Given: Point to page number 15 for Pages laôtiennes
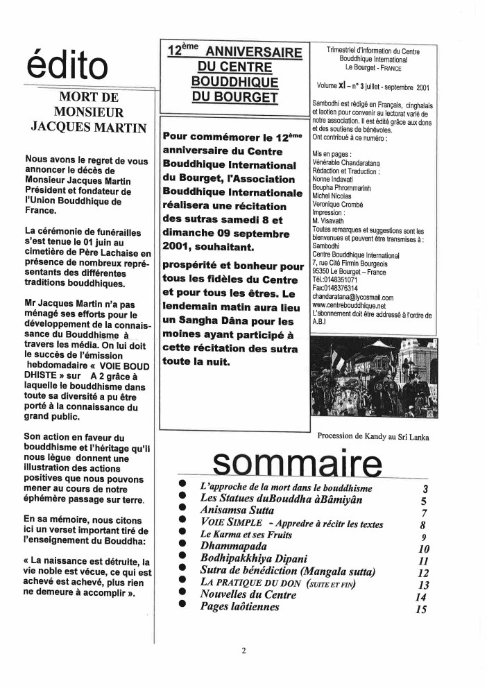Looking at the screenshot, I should click(x=420, y=610).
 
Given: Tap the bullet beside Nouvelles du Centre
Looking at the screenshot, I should click(x=182, y=595).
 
